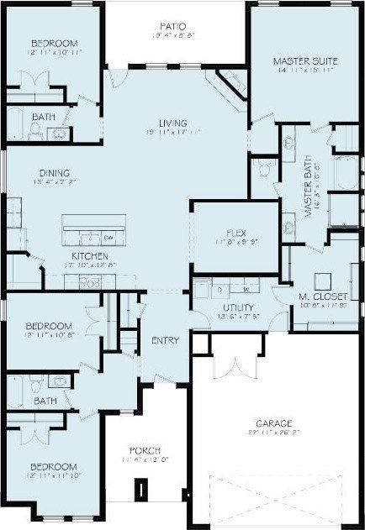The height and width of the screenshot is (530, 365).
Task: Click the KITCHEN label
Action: [x=89, y=255]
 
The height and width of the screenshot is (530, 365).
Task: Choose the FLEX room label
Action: [x=235, y=233]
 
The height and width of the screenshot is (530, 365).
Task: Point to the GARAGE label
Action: [x=274, y=422]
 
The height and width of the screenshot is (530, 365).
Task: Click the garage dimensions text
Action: [x=275, y=433]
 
